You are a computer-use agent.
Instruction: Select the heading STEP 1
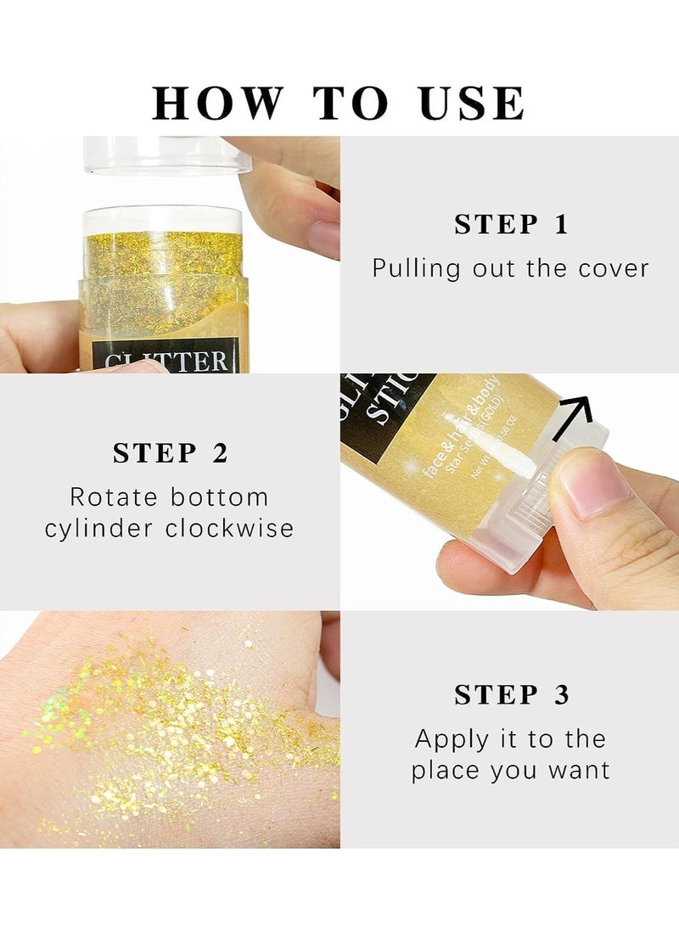[510, 225]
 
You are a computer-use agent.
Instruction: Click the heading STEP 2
[170, 453]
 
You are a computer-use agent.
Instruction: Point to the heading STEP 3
[511, 695]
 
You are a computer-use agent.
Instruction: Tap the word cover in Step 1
[614, 269]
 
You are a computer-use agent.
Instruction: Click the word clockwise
[230, 529]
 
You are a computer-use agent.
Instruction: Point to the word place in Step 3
[445, 771]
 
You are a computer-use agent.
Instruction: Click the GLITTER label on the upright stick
[166, 360]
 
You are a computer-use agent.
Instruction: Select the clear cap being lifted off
[166, 156]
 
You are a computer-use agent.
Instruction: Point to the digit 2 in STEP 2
[220, 453]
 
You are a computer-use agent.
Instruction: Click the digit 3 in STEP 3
[561, 695]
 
